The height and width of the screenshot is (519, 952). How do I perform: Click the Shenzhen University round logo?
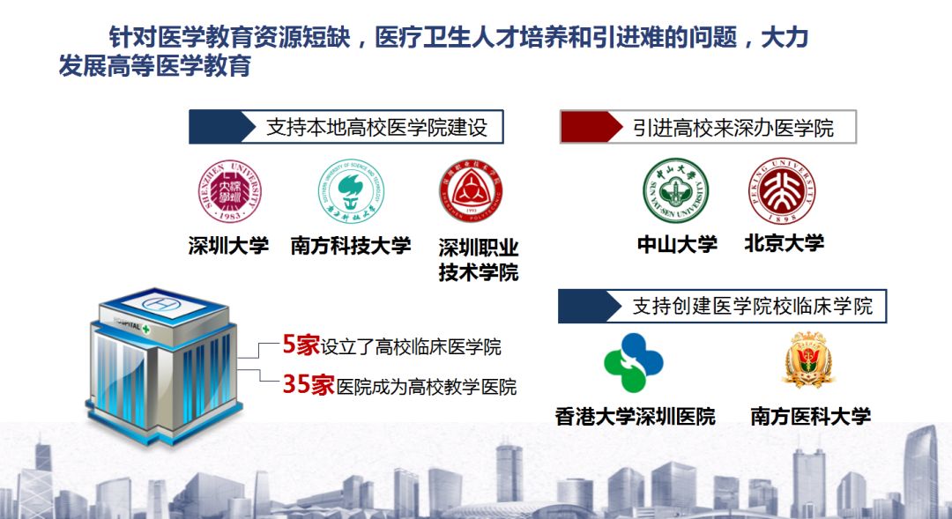coord(228,193)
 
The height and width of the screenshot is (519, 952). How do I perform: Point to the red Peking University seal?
coord(782,190)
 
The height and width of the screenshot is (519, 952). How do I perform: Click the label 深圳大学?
coord(228,246)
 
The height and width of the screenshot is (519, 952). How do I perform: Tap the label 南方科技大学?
coord(351,246)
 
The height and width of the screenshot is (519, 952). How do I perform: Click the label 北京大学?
coord(784,244)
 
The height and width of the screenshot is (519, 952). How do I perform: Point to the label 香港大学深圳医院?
coord(635,416)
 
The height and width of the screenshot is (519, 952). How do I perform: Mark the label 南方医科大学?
coord(810,416)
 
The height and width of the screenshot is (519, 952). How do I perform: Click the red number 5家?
coord(301,346)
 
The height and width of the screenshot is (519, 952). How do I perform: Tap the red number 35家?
coord(309,385)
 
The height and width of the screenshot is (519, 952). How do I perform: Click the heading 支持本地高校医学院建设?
coord(376,128)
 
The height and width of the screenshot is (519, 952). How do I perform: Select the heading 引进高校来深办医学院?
coord(733,128)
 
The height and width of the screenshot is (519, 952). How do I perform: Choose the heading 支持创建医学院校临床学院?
coord(752,307)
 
